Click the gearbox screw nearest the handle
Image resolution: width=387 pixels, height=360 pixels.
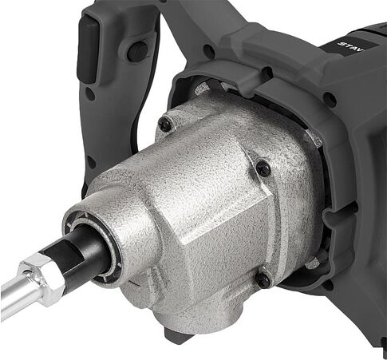[164, 124]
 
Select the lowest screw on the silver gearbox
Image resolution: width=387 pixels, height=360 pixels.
[263, 279]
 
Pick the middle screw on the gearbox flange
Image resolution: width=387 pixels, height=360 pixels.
[262, 168]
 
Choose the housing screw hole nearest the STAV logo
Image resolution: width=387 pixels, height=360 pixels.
[328, 100]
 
